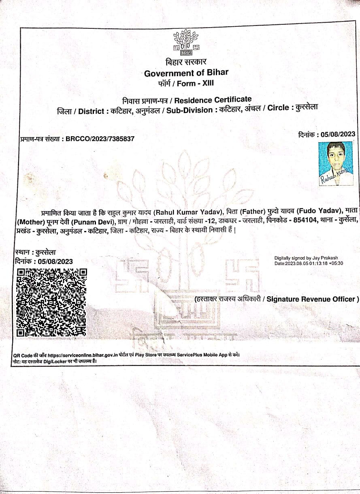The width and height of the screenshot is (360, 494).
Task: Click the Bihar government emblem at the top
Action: (x=186, y=42)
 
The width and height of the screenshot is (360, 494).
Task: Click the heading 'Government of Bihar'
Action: (x=186, y=73)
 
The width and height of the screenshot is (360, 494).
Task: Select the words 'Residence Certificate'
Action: (x=213, y=100)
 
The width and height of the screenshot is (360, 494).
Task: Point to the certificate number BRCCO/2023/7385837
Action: (x=100, y=139)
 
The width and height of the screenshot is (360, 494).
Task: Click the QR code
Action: (x=51, y=302)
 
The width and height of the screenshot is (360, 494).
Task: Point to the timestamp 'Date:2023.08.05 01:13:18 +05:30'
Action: (x=309, y=263)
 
